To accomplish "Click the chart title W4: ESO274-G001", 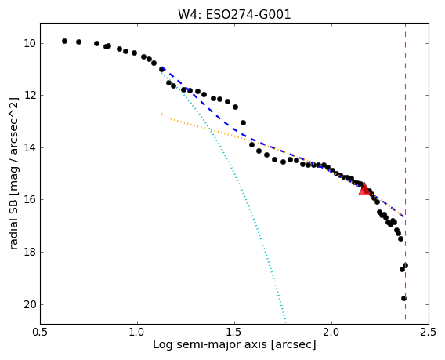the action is pos(234,14).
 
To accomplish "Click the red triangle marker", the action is pos(364,189).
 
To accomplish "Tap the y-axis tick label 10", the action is pos(30,43).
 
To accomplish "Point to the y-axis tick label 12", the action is pos(30,95).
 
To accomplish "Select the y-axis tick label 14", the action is pos(30,147).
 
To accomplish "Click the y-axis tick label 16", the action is pos(30,199).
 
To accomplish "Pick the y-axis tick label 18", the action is pos(30,252).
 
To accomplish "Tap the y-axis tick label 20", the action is pos(30,304).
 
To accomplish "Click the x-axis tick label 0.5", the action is pos(40,332).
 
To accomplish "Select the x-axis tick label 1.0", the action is pos(137,332).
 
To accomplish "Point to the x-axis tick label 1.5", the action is pos(235,332).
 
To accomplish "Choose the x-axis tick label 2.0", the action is pos(331,332).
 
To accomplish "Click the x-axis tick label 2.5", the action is pos(429,332).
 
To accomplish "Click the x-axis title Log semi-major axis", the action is pos(210,345).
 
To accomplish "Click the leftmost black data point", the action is pos(64,42).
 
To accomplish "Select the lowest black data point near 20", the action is pos(403,298).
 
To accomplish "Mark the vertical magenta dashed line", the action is pos(405,173).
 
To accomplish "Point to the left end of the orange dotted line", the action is pos(161,114).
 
